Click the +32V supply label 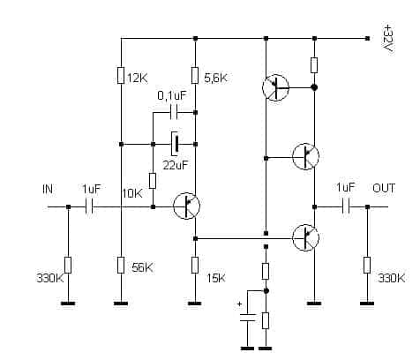click(388, 39)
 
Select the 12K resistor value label click(138, 79)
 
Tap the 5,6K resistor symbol click(195, 75)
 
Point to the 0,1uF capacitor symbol click(174, 113)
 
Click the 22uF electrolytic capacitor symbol click(175, 144)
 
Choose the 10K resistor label click(132, 193)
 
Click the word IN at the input click(48, 189)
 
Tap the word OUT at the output click(384, 188)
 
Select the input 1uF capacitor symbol click(89, 206)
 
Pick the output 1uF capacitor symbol click(346, 206)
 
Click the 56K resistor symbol click(121, 265)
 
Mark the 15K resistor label click(216, 278)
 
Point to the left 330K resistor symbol click(68, 265)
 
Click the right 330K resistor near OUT click(367, 265)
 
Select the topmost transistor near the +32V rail click(275, 87)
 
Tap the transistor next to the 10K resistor click(186, 206)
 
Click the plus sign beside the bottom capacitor click(240, 304)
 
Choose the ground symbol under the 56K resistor click(121, 304)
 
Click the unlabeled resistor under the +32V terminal click(314, 65)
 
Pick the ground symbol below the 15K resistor click(194, 304)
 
